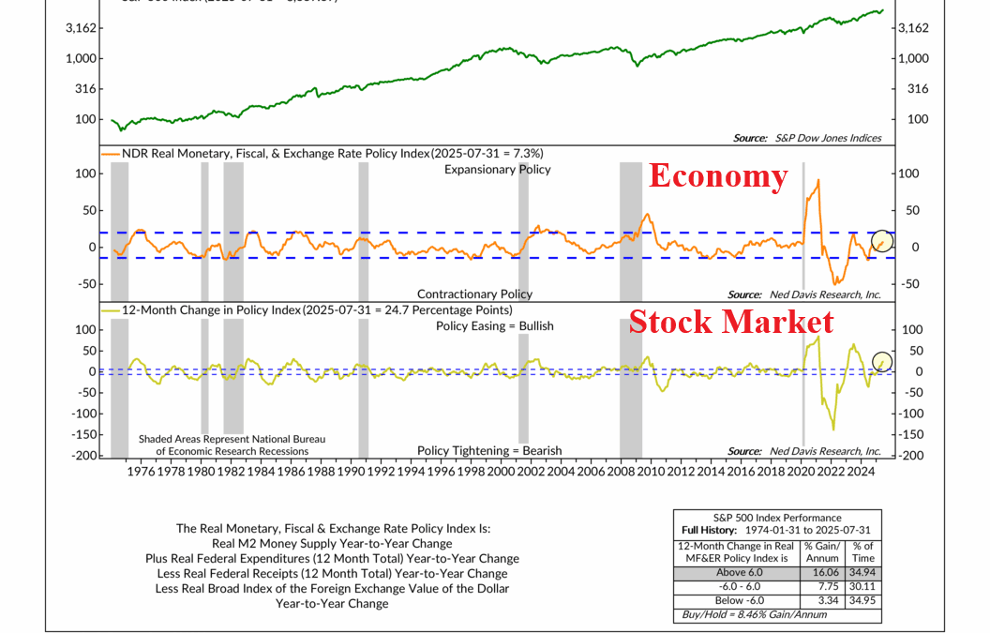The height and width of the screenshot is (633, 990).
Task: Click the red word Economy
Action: [x=719, y=176]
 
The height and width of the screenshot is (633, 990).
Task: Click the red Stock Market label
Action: [x=731, y=322]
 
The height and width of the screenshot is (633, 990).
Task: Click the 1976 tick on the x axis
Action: [x=141, y=471]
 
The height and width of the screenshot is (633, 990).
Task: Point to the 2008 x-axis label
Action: [x=621, y=471]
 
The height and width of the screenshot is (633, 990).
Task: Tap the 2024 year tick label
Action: [x=861, y=471]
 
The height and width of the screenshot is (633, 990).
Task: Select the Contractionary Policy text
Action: [x=474, y=294]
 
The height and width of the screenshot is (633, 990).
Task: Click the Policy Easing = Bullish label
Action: [x=495, y=326]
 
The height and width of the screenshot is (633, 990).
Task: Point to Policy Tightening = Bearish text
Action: [x=489, y=450]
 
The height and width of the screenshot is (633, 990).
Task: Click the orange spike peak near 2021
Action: [x=818, y=181]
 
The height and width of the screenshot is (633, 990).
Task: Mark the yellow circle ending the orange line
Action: [x=882, y=241]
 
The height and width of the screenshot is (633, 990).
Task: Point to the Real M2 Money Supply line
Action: [x=333, y=544]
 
